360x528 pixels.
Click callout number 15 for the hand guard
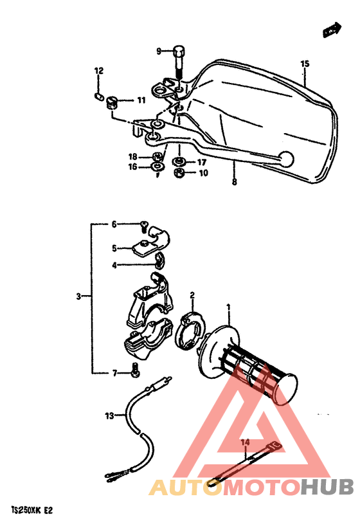click(x=305, y=64)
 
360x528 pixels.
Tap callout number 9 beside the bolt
click(x=158, y=51)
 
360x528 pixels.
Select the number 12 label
click(x=99, y=71)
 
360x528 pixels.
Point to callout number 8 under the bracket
click(x=235, y=183)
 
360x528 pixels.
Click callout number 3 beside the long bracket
click(x=78, y=297)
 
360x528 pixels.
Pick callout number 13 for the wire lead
click(x=109, y=415)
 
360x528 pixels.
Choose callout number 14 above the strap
click(x=245, y=442)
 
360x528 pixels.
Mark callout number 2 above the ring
click(x=192, y=295)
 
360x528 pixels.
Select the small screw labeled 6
click(x=143, y=225)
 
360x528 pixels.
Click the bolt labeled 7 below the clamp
click(x=135, y=370)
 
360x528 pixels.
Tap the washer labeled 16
click(x=157, y=167)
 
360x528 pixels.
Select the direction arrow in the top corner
click(x=331, y=28)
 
